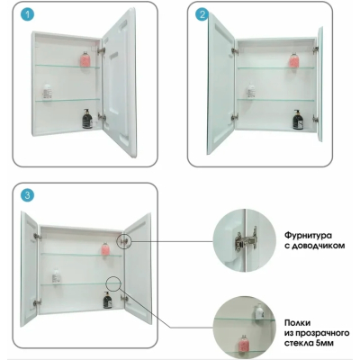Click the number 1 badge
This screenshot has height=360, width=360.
(28, 14)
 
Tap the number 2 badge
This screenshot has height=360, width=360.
(202, 14)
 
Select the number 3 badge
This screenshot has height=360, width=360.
(28, 195)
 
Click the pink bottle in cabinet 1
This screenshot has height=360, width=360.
(85, 58)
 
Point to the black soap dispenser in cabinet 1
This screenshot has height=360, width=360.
(87, 119)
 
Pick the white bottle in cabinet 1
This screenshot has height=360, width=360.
(47, 91)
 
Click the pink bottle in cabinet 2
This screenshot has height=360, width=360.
(293, 60)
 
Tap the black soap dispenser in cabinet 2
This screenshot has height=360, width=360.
(298, 120)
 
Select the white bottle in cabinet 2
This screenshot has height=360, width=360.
(250, 91)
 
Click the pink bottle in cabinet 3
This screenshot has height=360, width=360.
(104, 248)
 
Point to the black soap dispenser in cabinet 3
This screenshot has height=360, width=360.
(107, 300)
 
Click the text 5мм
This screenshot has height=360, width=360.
(324, 343)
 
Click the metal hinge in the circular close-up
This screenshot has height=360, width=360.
(246, 240)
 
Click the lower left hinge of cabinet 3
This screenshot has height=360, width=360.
(37, 302)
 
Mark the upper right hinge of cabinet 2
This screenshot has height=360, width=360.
(315, 49)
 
